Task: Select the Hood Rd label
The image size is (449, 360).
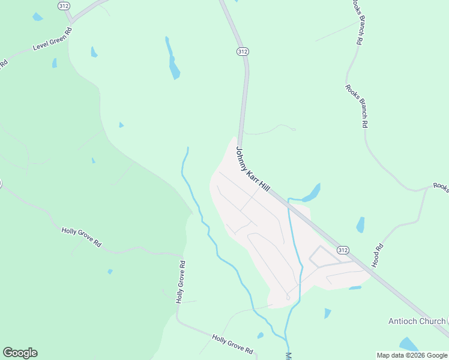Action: click(x=378, y=256)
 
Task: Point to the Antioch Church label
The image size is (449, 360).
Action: click(x=416, y=321)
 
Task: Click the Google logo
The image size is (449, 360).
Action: click(x=20, y=353)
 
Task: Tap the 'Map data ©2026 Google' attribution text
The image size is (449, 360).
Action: click(x=412, y=355)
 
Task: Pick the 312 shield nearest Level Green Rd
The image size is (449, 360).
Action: click(x=64, y=5)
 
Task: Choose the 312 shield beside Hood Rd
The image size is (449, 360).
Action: click(x=343, y=250)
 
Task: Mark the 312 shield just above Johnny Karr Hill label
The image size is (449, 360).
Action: click(x=242, y=52)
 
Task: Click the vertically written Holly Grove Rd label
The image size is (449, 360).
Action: click(x=180, y=281)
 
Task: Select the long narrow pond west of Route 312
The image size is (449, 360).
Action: click(x=173, y=59)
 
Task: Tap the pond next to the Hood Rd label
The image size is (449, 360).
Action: click(x=360, y=225)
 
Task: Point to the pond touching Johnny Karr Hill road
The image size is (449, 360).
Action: click(x=311, y=193)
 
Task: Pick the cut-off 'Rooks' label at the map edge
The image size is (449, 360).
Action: click(x=441, y=188)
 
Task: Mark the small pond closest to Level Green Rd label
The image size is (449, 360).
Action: click(x=55, y=62)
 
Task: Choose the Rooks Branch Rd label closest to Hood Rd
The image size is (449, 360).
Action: click(x=356, y=106)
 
